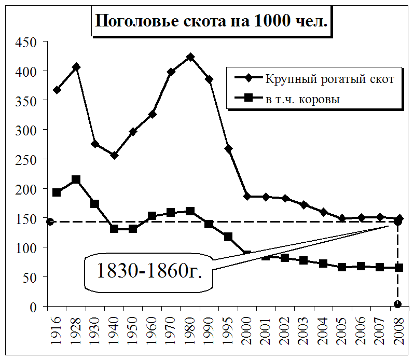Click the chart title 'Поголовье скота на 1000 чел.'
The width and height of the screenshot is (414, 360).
pyautogui.click(x=212, y=22)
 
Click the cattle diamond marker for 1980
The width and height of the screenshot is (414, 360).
pyautogui.click(x=190, y=57)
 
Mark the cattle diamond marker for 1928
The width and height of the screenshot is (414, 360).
pyautogui.click(x=76, y=67)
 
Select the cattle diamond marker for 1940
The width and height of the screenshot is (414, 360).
pyautogui.click(x=114, y=155)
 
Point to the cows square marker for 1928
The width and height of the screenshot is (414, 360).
pyautogui.click(x=76, y=179)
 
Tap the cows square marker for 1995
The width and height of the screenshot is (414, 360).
pyautogui.click(x=228, y=237)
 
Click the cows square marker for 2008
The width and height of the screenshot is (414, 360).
pyautogui.click(x=398, y=268)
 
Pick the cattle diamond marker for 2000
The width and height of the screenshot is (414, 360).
pyautogui.click(x=247, y=197)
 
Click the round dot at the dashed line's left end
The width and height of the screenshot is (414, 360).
pyautogui.click(x=50, y=221)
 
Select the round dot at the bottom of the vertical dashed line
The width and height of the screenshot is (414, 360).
pyautogui.click(x=398, y=304)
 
